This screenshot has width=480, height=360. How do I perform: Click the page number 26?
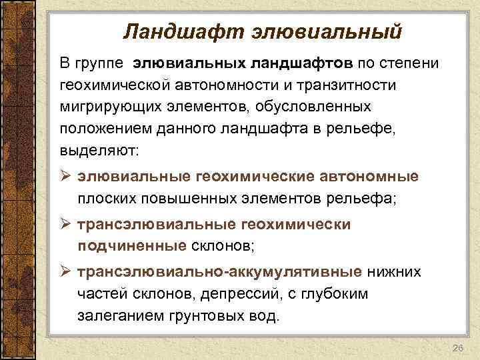457,349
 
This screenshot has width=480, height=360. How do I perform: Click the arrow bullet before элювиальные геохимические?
65,177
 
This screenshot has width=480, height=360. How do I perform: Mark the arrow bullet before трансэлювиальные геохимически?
65,225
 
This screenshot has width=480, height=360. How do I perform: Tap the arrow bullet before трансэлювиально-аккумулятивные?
65,273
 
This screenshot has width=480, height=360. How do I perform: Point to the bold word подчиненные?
131,246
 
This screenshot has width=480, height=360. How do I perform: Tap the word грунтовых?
212,315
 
